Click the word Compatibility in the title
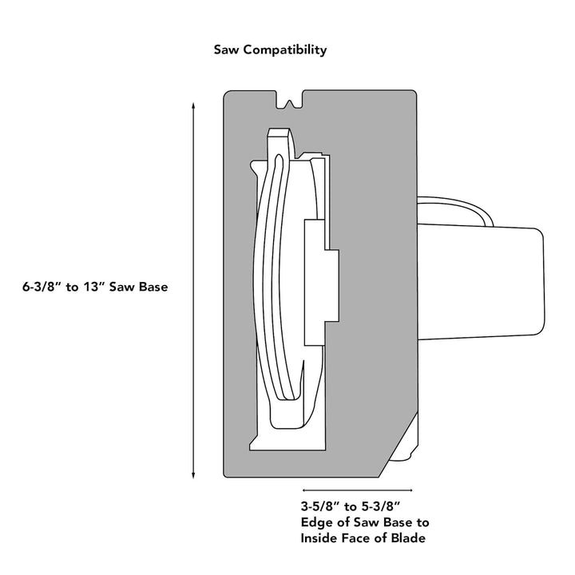[x=285, y=50]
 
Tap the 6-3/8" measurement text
[x=41, y=287]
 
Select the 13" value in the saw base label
[x=97, y=287]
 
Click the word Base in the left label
[x=153, y=287]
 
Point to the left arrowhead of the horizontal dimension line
[x=306, y=489]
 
